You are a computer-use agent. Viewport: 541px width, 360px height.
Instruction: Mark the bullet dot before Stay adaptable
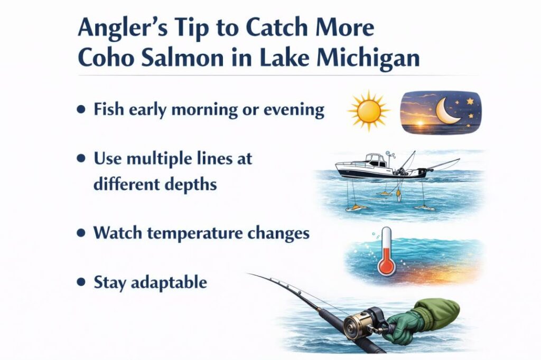(x=80, y=282)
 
